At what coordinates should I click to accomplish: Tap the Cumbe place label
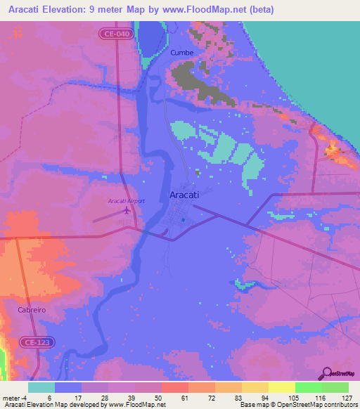(x=181, y=53)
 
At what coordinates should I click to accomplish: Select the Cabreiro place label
(x=32, y=309)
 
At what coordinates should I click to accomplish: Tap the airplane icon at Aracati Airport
(x=127, y=210)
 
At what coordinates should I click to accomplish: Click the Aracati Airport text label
(x=127, y=201)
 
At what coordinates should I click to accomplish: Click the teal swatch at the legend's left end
(x=41, y=387)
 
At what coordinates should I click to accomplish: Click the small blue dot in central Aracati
(x=183, y=220)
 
